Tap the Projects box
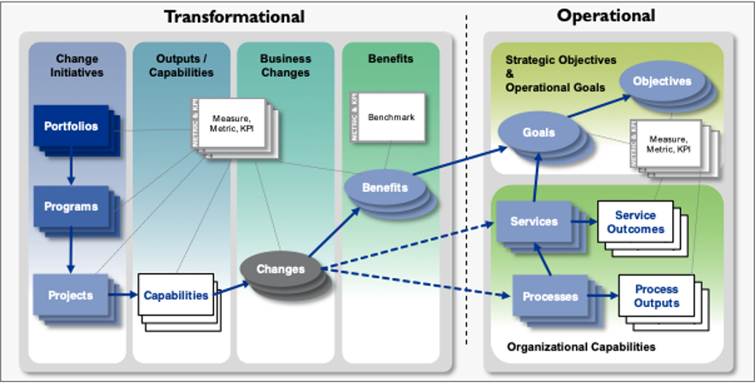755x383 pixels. click(x=71, y=295)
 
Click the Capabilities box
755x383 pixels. click(x=176, y=295)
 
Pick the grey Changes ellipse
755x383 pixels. click(x=280, y=269)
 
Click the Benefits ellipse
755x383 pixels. click(x=384, y=188)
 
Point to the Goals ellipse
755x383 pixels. click(x=539, y=132)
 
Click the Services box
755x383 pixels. click(x=534, y=222)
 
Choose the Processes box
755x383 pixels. click(x=549, y=297)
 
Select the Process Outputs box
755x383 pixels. click(x=656, y=297)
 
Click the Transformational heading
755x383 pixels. click(x=234, y=16)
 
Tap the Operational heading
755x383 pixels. click(x=606, y=15)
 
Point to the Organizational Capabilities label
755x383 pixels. click(x=581, y=347)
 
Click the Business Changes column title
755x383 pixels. click(x=285, y=66)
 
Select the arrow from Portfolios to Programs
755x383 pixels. click(x=71, y=169)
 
